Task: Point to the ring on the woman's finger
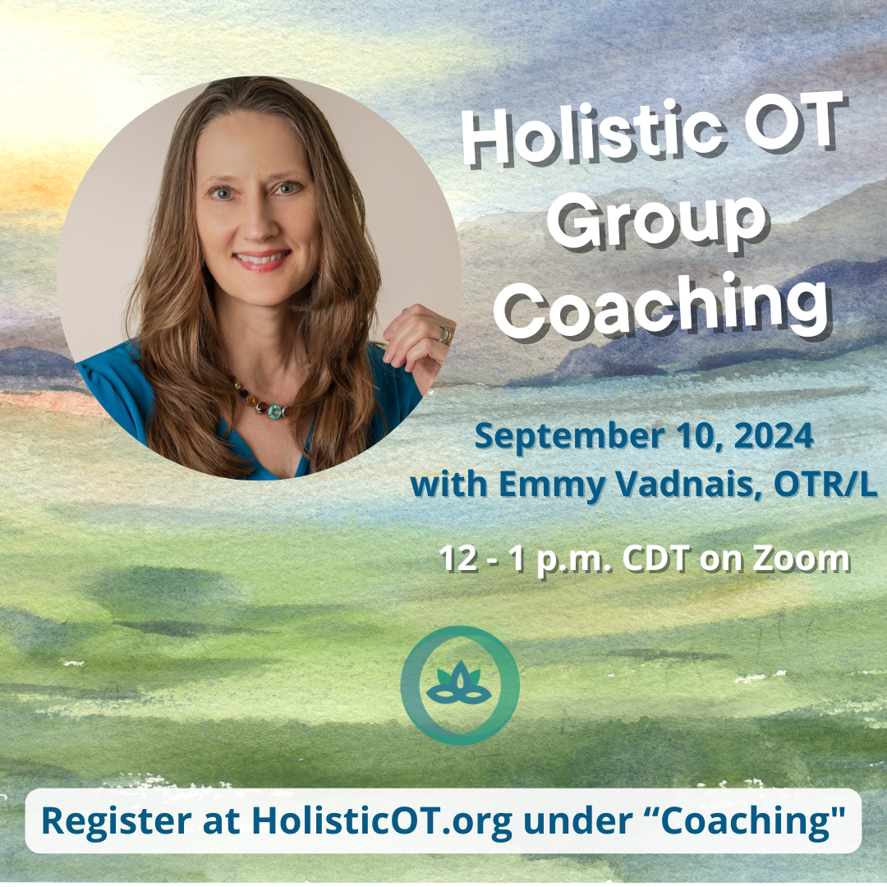point(444,334)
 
